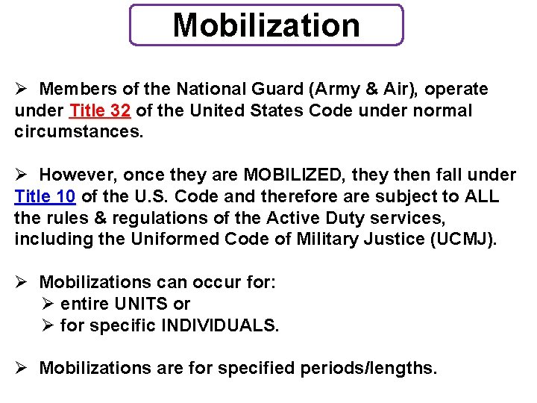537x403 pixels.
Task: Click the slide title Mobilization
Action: click(x=266, y=25)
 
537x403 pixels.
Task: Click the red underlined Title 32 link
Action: click(x=100, y=111)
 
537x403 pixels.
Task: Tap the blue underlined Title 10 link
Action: click(x=45, y=197)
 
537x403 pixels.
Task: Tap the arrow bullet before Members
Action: click(x=22, y=90)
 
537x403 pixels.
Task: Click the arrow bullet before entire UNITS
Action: click(x=48, y=304)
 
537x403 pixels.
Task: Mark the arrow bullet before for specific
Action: click(x=48, y=325)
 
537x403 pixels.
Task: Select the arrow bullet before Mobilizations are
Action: click(x=22, y=368)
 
